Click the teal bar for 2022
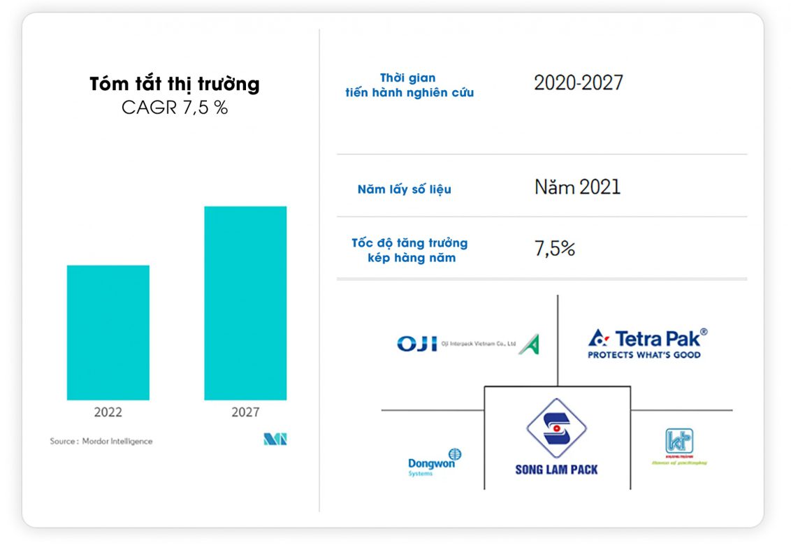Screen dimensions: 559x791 coord(108,333)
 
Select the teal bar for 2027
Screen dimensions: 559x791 coord(245,303)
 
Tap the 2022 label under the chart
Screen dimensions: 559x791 coord(108,412)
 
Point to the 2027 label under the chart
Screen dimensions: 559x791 coord(245,412)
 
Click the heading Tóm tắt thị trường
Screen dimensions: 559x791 coord(175,85)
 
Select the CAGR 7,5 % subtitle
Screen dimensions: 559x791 coord(175,108)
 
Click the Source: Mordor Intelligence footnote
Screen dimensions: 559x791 coord(101,441)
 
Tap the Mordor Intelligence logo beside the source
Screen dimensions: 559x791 coord(275,440)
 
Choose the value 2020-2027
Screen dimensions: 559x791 coord(579,83)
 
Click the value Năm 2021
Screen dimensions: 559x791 coord(577,187)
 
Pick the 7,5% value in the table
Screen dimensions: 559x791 coord(555,249)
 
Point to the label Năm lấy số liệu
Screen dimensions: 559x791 coord(404,189)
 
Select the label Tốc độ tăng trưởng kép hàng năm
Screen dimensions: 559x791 coord(410,250)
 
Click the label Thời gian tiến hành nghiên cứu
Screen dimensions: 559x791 coord(409,85)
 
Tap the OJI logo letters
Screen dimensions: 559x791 coord(416,344)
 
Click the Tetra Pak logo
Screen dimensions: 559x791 coord(647,338)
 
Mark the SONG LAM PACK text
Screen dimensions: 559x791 coord(556,470)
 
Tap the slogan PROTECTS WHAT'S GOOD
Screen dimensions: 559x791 coord(644,355)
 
